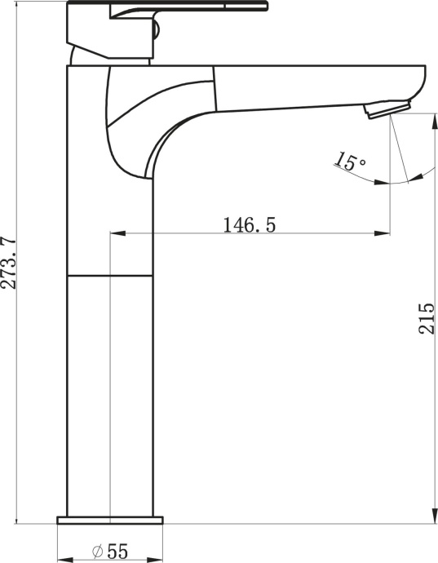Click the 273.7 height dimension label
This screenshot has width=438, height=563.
click(x=10, y=264)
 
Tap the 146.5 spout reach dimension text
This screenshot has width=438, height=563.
click(x=249, y=224)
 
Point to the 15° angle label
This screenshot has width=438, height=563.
click(x=351, y=162)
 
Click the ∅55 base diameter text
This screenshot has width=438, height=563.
click(x=110, y=552)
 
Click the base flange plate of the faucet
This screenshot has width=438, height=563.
click(x=110, y=519)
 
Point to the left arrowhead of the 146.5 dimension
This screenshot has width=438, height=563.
click(x=115, y=234)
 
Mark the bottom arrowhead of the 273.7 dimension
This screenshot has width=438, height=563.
click(x=16, y=517)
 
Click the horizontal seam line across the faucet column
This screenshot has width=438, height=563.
click(x=110, y=276)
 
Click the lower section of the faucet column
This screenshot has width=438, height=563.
click(x=110, y=392)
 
